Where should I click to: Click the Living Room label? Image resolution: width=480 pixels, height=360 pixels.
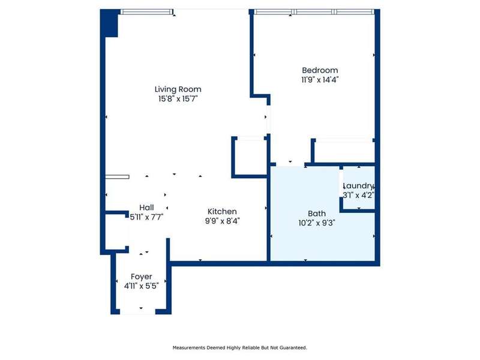point(178,89)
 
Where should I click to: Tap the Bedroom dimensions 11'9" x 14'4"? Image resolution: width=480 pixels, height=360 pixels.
point(320,80)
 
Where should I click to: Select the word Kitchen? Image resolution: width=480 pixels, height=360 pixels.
point(222,212)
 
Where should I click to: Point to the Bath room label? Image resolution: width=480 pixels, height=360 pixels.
point(317,214)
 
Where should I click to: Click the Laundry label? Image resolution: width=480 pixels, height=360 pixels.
point(358,186)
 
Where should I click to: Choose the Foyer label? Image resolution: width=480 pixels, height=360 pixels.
point(142,277)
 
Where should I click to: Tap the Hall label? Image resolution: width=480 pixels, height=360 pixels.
point(146,208)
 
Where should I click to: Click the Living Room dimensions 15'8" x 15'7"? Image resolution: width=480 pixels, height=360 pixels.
point(178,99)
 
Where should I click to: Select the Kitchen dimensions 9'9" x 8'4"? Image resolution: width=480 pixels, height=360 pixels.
point(222,221)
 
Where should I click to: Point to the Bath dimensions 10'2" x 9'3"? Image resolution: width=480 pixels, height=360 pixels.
point(317,223)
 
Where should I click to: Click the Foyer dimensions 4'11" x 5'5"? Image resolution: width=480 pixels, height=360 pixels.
point(142,286)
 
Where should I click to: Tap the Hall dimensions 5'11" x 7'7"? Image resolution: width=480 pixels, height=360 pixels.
point(146,217)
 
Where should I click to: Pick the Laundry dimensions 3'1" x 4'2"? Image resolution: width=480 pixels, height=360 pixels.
point(358,196)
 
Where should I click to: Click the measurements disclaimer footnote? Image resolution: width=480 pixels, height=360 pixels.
point(239,348)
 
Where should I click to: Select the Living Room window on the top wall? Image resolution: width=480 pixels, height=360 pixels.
point(146,12)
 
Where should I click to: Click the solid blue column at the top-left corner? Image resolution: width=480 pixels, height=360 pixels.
point(109,23)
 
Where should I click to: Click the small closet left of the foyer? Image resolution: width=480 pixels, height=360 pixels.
point(116,232)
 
